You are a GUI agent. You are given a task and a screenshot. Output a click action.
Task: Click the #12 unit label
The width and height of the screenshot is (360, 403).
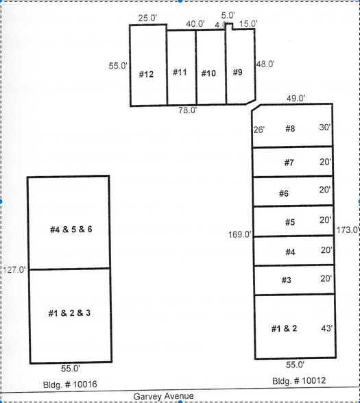pos(146,75)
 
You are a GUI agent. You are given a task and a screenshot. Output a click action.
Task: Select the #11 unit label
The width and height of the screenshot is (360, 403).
pos(180,73)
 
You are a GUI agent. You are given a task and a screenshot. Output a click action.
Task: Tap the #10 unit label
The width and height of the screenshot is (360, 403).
pos(208,73)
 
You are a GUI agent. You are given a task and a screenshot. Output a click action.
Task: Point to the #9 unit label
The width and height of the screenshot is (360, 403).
pos(237,72)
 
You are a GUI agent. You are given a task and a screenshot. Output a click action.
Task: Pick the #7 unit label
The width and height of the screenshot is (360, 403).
pos(289,162)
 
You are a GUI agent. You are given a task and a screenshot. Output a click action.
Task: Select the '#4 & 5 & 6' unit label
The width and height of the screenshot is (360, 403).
pos(71,229)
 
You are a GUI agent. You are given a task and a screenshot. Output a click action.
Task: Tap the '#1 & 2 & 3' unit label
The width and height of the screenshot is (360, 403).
pos(69,313)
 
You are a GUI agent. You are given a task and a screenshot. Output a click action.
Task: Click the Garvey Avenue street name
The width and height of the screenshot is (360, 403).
pos(164,396)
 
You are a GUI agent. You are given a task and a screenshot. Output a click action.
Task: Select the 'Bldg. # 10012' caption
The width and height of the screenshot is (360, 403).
pos(295,380)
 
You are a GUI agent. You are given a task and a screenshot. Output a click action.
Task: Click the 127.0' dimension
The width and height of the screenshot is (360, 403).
pos(14,269)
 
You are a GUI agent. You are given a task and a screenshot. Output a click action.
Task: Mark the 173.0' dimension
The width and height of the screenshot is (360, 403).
pos(348,230)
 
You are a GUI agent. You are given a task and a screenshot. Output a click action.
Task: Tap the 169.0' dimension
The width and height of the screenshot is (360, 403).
pos(240,235)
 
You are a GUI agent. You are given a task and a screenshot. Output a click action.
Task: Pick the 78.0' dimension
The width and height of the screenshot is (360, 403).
pos(188,110)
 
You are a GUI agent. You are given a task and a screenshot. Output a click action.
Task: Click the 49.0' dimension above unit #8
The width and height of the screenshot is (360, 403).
pos(296,98)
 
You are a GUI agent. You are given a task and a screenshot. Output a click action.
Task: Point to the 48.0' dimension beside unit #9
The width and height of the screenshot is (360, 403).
pos(265,64)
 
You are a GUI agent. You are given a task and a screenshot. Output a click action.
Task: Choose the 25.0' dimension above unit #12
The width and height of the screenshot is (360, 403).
pos(147,19)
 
